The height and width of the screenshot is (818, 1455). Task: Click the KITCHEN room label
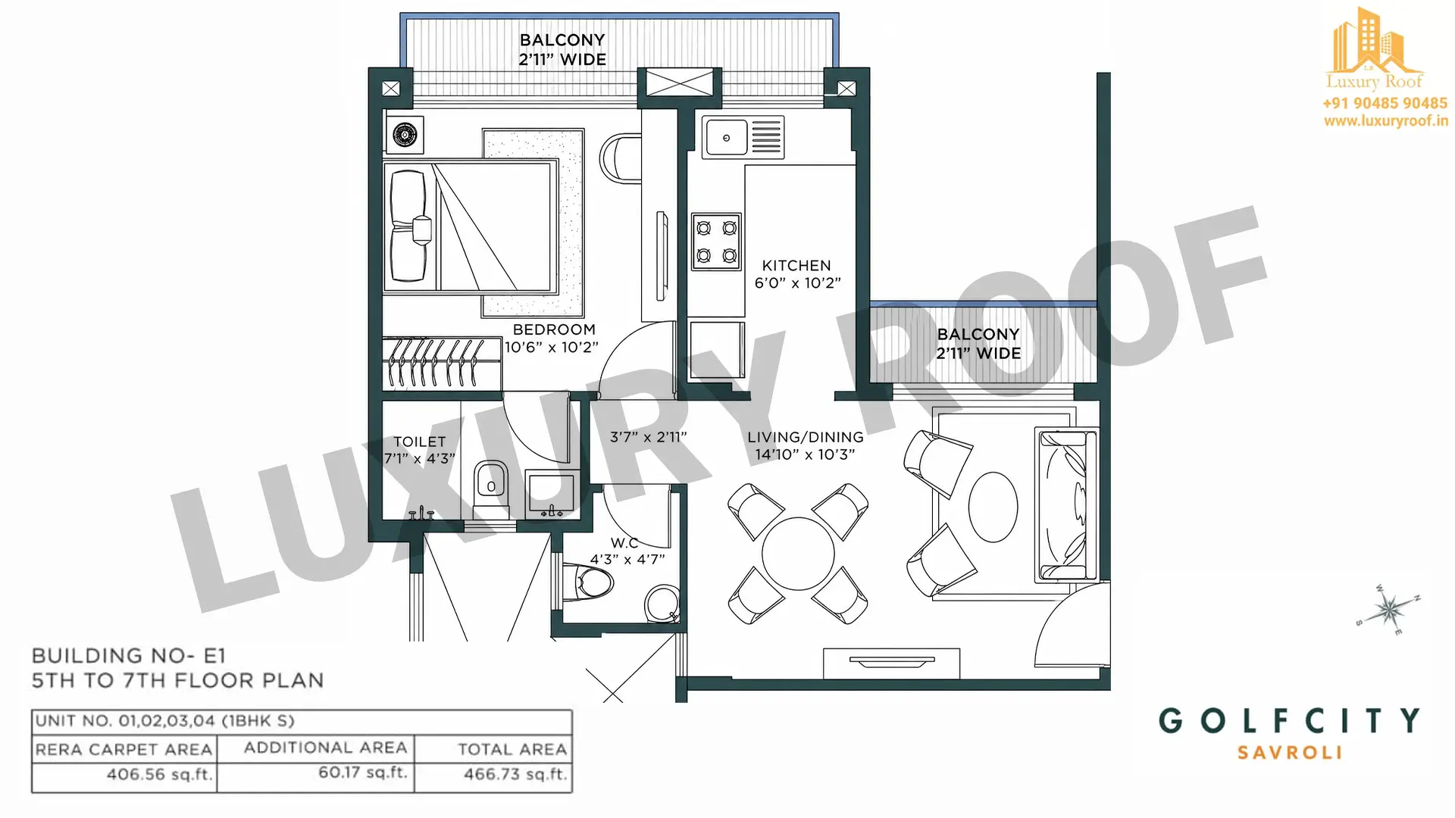796,266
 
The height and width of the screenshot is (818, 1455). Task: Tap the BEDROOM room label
554,329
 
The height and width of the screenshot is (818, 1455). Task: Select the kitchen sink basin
726,138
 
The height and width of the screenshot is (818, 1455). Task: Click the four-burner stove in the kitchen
716,242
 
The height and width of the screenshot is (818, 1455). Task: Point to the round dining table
798,553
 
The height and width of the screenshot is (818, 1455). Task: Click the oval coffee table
993,507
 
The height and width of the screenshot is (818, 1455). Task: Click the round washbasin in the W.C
662,604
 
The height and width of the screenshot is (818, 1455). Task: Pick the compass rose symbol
1388,608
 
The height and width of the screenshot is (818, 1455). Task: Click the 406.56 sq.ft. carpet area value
159,775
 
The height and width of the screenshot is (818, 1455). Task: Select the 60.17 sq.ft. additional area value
363,773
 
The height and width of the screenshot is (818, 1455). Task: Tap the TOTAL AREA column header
512,749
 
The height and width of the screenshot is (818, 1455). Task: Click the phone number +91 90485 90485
1385,103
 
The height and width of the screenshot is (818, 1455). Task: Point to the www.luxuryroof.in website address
1386,121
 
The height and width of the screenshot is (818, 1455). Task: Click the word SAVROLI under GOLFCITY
1290,753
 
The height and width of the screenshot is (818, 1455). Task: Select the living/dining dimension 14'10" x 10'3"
805,454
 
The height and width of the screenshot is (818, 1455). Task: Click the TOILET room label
420,442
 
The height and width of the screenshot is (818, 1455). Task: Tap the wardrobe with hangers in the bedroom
442,364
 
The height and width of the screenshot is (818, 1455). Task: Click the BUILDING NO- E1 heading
129,656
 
